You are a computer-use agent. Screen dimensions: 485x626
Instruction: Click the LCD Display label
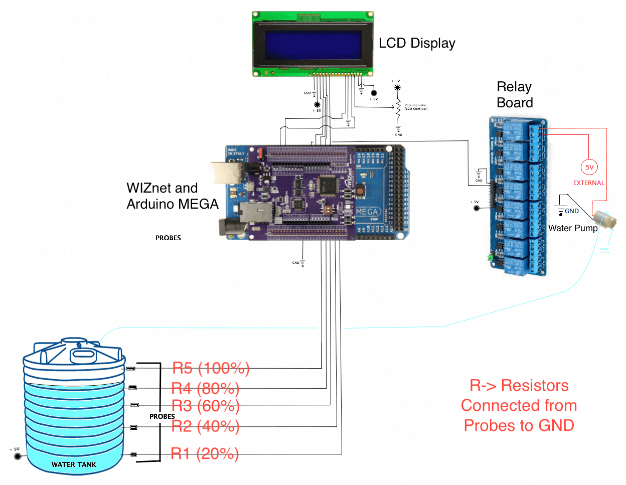[x=416, y=43]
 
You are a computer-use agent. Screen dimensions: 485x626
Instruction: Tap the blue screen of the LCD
[x=313, y=45]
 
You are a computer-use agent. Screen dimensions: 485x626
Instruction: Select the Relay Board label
[x=514, y=95]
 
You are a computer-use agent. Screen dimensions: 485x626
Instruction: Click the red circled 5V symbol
[x=589, y=168]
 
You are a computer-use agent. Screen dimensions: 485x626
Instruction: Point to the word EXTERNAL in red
[x=589, y=183]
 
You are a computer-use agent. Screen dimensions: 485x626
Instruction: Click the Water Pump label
[x=573, y=228]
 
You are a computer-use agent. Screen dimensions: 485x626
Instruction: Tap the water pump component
[x=604, y=220]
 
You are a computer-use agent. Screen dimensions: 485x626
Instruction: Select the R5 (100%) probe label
[x=211, y=368]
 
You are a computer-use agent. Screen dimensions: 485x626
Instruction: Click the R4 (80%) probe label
[x=205, y=388]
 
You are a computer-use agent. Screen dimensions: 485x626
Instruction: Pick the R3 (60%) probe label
[x=205, y=406]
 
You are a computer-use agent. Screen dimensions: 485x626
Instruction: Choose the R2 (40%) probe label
[x=205, y=426]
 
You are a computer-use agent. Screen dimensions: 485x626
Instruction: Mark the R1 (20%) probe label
[x=205, y=453]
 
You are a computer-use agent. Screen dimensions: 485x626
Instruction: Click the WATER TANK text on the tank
[x=74, y=464]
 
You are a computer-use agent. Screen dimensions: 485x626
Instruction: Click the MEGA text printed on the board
[x=367, y=212]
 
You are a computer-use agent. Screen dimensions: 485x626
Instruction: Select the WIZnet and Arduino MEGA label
[x=172, y=196]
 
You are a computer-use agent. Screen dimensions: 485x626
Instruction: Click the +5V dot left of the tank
[x=18, y=456]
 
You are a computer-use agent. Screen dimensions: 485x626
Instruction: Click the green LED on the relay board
[x=490, y=257]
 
